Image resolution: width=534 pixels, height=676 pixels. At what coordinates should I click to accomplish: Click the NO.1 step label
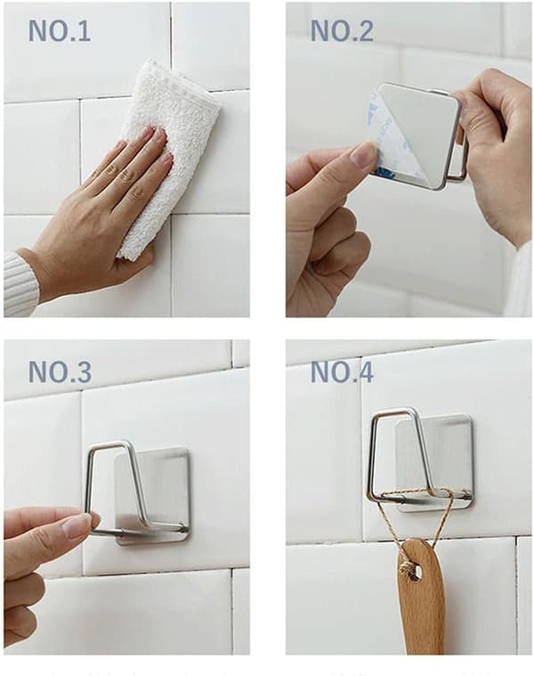(60, 31)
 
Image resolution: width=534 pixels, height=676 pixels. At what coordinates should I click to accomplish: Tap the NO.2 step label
(342, 31)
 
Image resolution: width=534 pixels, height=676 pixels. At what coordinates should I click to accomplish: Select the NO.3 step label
(60, 371)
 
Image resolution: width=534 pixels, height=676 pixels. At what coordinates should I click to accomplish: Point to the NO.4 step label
(342, 371)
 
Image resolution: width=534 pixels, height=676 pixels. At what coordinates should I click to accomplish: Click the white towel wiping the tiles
(173, 151)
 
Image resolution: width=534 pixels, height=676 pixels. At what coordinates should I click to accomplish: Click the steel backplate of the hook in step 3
(152, 496)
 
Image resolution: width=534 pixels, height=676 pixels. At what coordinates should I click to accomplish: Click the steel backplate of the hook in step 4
(435, 462)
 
